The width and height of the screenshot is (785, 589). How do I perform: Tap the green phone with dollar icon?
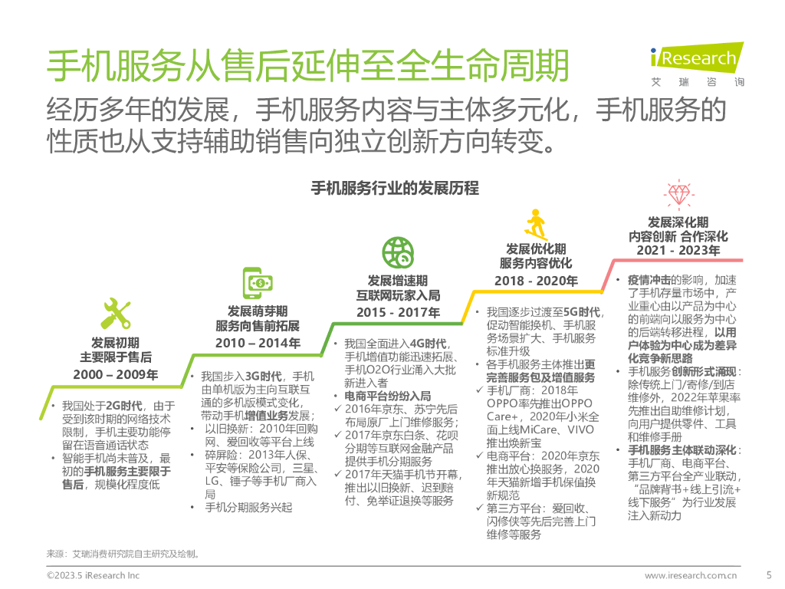[x=258, y=284]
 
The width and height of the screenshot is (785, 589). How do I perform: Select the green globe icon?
[x=398, y=253]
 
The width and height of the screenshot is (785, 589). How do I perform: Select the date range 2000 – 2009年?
[x=116, y=374]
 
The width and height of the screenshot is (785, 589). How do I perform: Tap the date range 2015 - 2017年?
[x=398, y=312]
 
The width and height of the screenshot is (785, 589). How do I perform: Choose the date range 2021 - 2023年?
[x=678, y=250]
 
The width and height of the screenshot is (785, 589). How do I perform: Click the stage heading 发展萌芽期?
[x=258, y=311]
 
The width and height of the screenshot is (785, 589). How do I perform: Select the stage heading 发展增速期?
[x=398, y=280]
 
